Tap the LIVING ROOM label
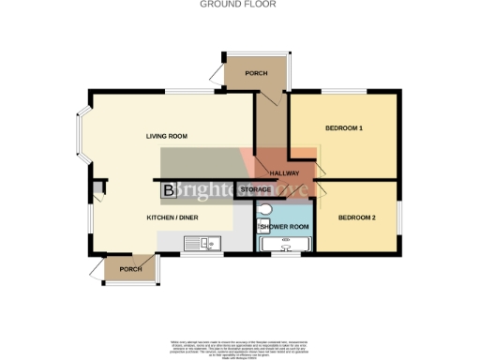(x=166, y=137)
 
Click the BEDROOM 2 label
(x=356, y=217)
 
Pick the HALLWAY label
(x=284, y=173)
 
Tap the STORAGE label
(x=256, y=190)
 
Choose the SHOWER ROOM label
(x=286, y=227)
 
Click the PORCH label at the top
(x=256, y=73)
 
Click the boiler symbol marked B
(x=169, y=191)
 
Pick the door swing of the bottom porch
(x=97, y=271)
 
